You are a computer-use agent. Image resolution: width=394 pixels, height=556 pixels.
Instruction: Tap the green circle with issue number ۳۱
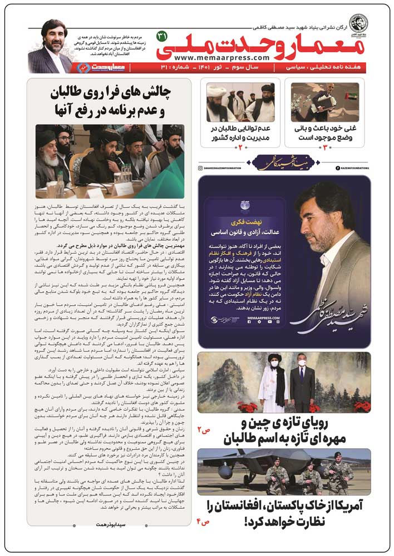pyautogui.click(x=162, y=36)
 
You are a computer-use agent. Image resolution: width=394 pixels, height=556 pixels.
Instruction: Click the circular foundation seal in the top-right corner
pyautogui.click(x=358, y=23)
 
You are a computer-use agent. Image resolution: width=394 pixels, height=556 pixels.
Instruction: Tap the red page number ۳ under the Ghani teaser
pyautogui.click(x=325, y=148)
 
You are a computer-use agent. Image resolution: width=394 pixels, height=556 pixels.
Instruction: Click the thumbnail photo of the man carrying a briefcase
pyautogui.click(x=326, y=102)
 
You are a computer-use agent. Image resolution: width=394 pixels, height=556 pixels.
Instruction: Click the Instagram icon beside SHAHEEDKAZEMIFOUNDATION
pyautogui.click(x=200, y=167)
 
